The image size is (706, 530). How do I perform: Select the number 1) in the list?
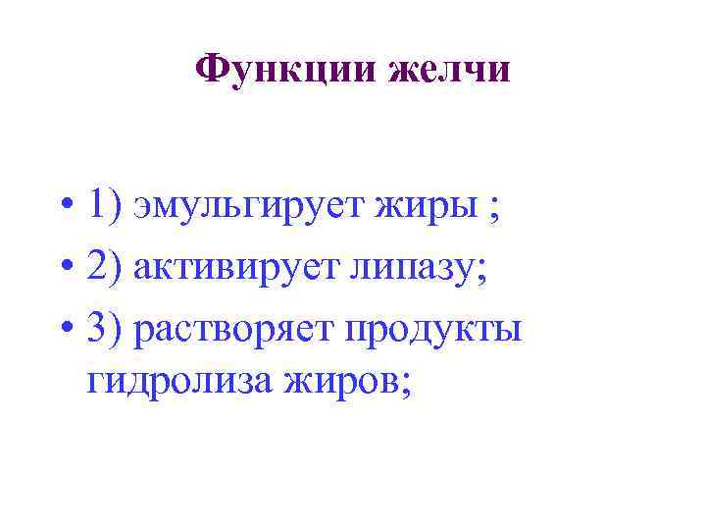point(103,207)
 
